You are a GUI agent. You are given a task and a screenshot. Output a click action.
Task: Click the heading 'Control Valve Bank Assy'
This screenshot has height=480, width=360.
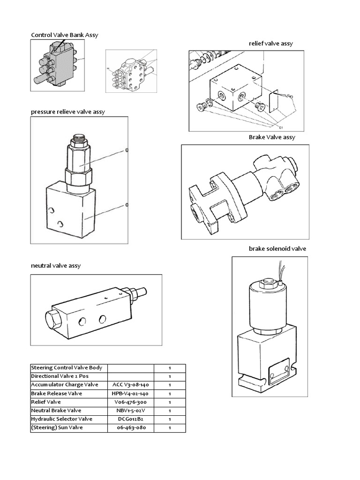coord(64,35)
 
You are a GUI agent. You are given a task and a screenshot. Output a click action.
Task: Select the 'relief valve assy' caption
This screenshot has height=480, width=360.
coord(270,44)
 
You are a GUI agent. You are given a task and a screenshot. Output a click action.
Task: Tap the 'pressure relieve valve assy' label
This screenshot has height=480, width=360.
coord(68,112)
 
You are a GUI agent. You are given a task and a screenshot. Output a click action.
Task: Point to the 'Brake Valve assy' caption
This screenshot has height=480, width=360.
coord(272,137)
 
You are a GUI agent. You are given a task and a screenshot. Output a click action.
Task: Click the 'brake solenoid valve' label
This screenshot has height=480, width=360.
coord(277,248)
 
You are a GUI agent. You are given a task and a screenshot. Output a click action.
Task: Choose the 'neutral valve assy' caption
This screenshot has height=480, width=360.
coord(55,265)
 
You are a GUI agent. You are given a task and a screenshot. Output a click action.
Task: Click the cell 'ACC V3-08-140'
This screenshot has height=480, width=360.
coord(130,385)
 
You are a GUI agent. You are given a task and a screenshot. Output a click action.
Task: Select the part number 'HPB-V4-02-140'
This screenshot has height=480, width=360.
coord(130,393)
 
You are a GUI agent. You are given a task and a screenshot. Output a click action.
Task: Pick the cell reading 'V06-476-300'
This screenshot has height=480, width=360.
coord(130,402)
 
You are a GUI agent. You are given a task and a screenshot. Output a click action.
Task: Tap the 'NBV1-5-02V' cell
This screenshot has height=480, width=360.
coord(130,411)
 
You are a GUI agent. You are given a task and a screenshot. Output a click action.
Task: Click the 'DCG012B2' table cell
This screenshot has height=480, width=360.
coord(130,419)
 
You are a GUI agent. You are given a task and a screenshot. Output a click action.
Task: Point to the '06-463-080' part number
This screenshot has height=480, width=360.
coord(130,428)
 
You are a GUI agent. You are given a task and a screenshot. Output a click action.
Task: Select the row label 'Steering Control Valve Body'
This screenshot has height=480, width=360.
coord(67,367)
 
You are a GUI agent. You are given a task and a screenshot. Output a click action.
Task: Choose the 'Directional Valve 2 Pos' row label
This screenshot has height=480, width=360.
coord(60,376)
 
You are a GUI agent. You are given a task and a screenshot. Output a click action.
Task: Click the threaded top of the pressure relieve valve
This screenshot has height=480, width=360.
coord(78,139)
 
